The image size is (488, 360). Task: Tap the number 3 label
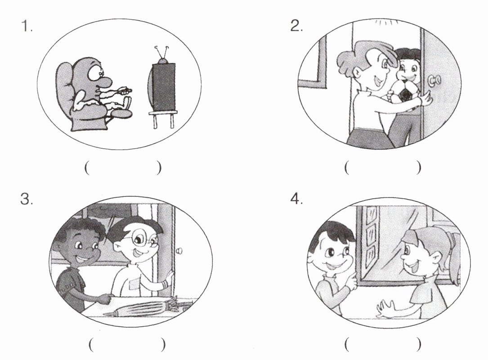pyautogui.click(x=26, y=199)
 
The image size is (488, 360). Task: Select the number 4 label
pyautogui.click(x=296, y=199)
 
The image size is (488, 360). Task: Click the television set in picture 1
pyautogui.click(x=162, y=87)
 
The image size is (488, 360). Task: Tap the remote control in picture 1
pyautogui.click(x=125, y=90)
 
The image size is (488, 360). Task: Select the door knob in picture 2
pyautogui.click(x=434, y=80)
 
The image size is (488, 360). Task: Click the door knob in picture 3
pyautogui.click(x=179, y=251)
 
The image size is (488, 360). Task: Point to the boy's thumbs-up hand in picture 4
pyautogui.click(x=351, y=280)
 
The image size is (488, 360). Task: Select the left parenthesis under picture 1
pyautogui.click(x=87, y=168)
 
